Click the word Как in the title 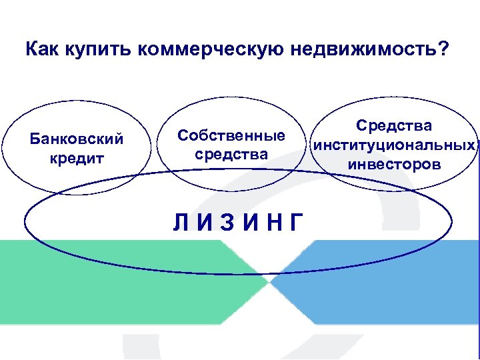point(43,50)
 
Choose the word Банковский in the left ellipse point(77,139)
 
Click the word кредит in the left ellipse point(77,159)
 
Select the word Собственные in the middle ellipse point(231,135)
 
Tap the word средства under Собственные point(231,154)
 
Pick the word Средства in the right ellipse point(393,126)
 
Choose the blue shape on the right point(387,280)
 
